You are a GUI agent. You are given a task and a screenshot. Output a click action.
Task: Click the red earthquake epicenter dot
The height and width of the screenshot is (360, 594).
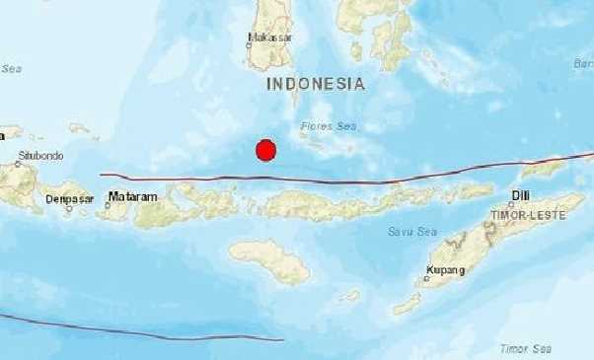tap(264, 150)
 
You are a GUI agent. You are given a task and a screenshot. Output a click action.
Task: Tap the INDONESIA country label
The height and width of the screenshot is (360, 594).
tap(316, 85)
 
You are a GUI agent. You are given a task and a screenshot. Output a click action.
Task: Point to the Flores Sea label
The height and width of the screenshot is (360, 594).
tap(327, 126)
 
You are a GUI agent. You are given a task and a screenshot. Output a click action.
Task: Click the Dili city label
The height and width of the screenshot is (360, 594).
tap(521, 196)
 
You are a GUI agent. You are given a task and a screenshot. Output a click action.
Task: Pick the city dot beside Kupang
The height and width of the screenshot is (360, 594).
tap(427, 278)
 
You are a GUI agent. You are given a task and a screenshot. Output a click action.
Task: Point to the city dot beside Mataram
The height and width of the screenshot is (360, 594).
tap(109, 195)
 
